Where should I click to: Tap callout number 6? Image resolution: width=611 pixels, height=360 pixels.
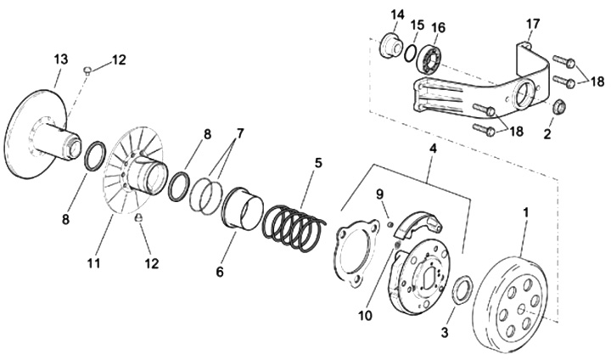pyautogui.click(x=220, y=273)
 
